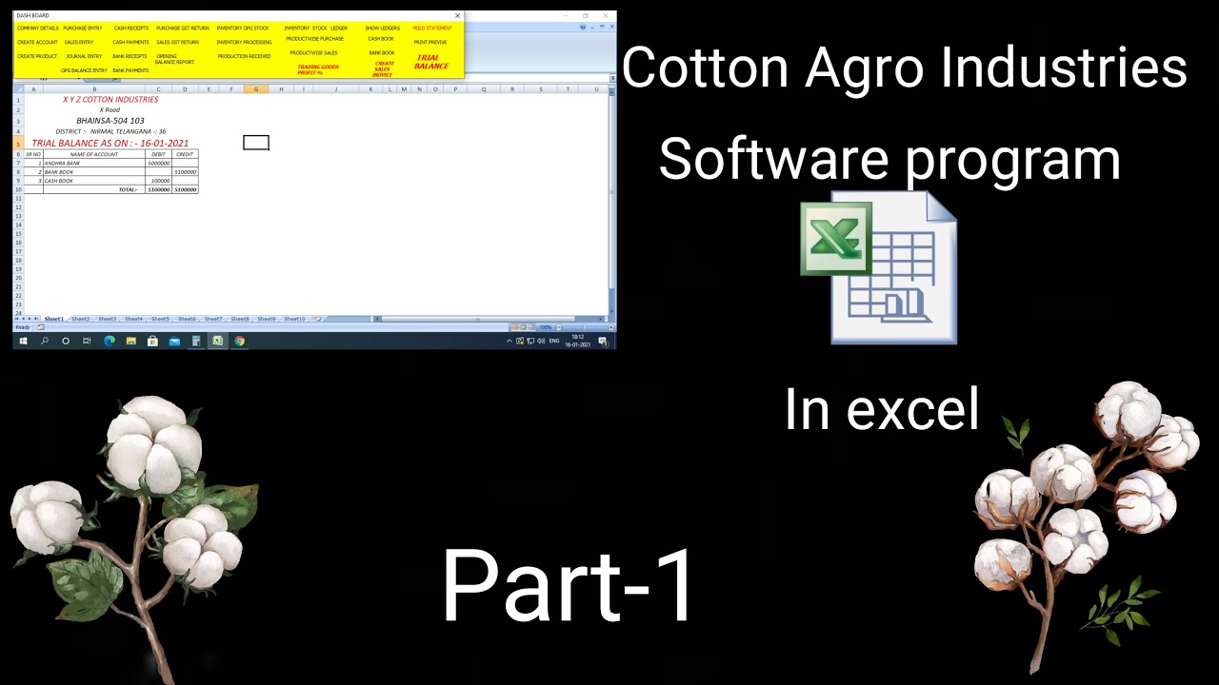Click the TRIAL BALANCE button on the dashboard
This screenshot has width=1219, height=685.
tap(430, 62)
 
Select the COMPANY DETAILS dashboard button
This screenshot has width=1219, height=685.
tap(37, 29)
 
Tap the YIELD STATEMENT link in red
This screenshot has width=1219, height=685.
tap(432, 29)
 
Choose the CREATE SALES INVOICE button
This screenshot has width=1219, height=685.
tap(383, 68)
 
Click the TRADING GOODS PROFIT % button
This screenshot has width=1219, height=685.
tap(318, 69)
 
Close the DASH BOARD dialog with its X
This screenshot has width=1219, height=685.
tap(457, 16)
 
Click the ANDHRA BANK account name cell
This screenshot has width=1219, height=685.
tap(63, 164)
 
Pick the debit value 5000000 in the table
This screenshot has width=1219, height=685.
tap(158, 164)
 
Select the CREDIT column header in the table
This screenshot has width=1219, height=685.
tap(185, 154)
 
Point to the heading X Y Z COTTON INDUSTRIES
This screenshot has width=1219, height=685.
tap(110, 100)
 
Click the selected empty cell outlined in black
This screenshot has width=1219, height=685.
tap(256, 143)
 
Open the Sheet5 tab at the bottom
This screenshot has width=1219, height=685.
tap(160, 320)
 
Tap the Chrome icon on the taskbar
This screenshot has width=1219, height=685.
tap(239, 341)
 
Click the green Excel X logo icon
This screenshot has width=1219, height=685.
tap(834, 233)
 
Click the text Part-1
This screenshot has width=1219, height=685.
tap(569, 586)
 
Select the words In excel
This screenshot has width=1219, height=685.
tap(881, 410)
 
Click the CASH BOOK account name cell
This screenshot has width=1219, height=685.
tap(59, 181)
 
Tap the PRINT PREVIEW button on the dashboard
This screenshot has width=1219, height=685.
tap(430, 43)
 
